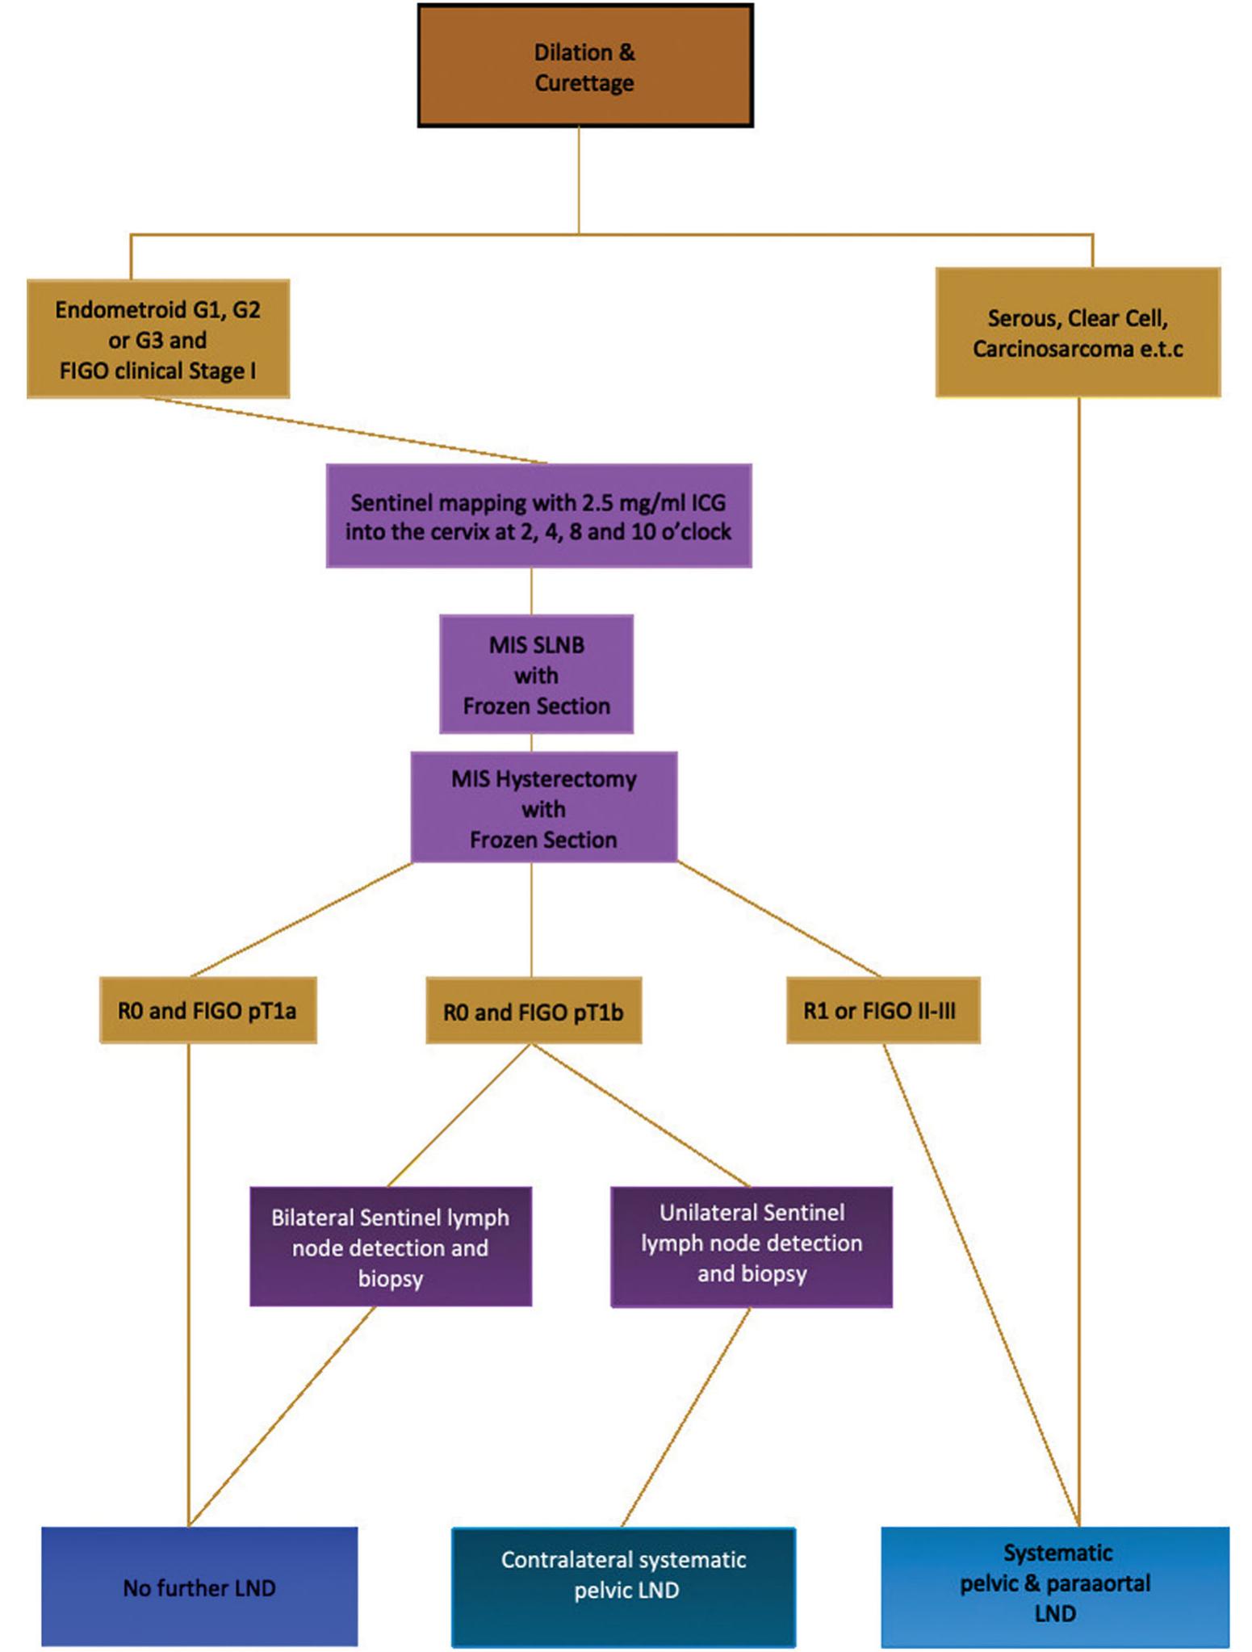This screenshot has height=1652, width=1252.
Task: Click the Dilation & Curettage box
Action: (x=585, y=66)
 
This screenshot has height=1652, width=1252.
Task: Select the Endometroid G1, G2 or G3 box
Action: (x=158, y=339)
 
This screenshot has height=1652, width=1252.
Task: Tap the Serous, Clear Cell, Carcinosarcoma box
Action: (x=1078, y=333)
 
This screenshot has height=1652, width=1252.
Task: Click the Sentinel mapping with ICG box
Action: (x=538, y=516)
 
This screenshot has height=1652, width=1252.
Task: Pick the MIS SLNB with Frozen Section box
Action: (x=536, y=674)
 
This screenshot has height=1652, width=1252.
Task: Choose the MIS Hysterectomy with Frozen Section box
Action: (x=543, y=807)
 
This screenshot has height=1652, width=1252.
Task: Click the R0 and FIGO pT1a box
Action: (x=207, y=1010)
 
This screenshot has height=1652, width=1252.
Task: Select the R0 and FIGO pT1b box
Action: (x=534, y=1011)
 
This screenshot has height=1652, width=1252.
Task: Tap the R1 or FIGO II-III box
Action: (x=883, y=1010)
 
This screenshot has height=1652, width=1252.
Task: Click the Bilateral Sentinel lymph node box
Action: (x=391, y=1247)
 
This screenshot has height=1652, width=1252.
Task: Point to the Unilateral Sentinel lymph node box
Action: (x=752, y=1247)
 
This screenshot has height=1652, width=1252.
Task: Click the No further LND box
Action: (x=199, y=1587)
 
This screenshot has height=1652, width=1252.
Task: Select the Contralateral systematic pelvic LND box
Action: (x=623, y=1587)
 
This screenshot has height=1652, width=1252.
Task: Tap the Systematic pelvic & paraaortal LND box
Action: (x=1055, y=1587)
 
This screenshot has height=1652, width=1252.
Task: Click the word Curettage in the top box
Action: (x=584, y=83)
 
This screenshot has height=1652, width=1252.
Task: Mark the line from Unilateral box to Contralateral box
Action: (x=686, y=1417)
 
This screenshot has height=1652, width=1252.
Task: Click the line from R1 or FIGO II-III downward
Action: (x=982, y=1285)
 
